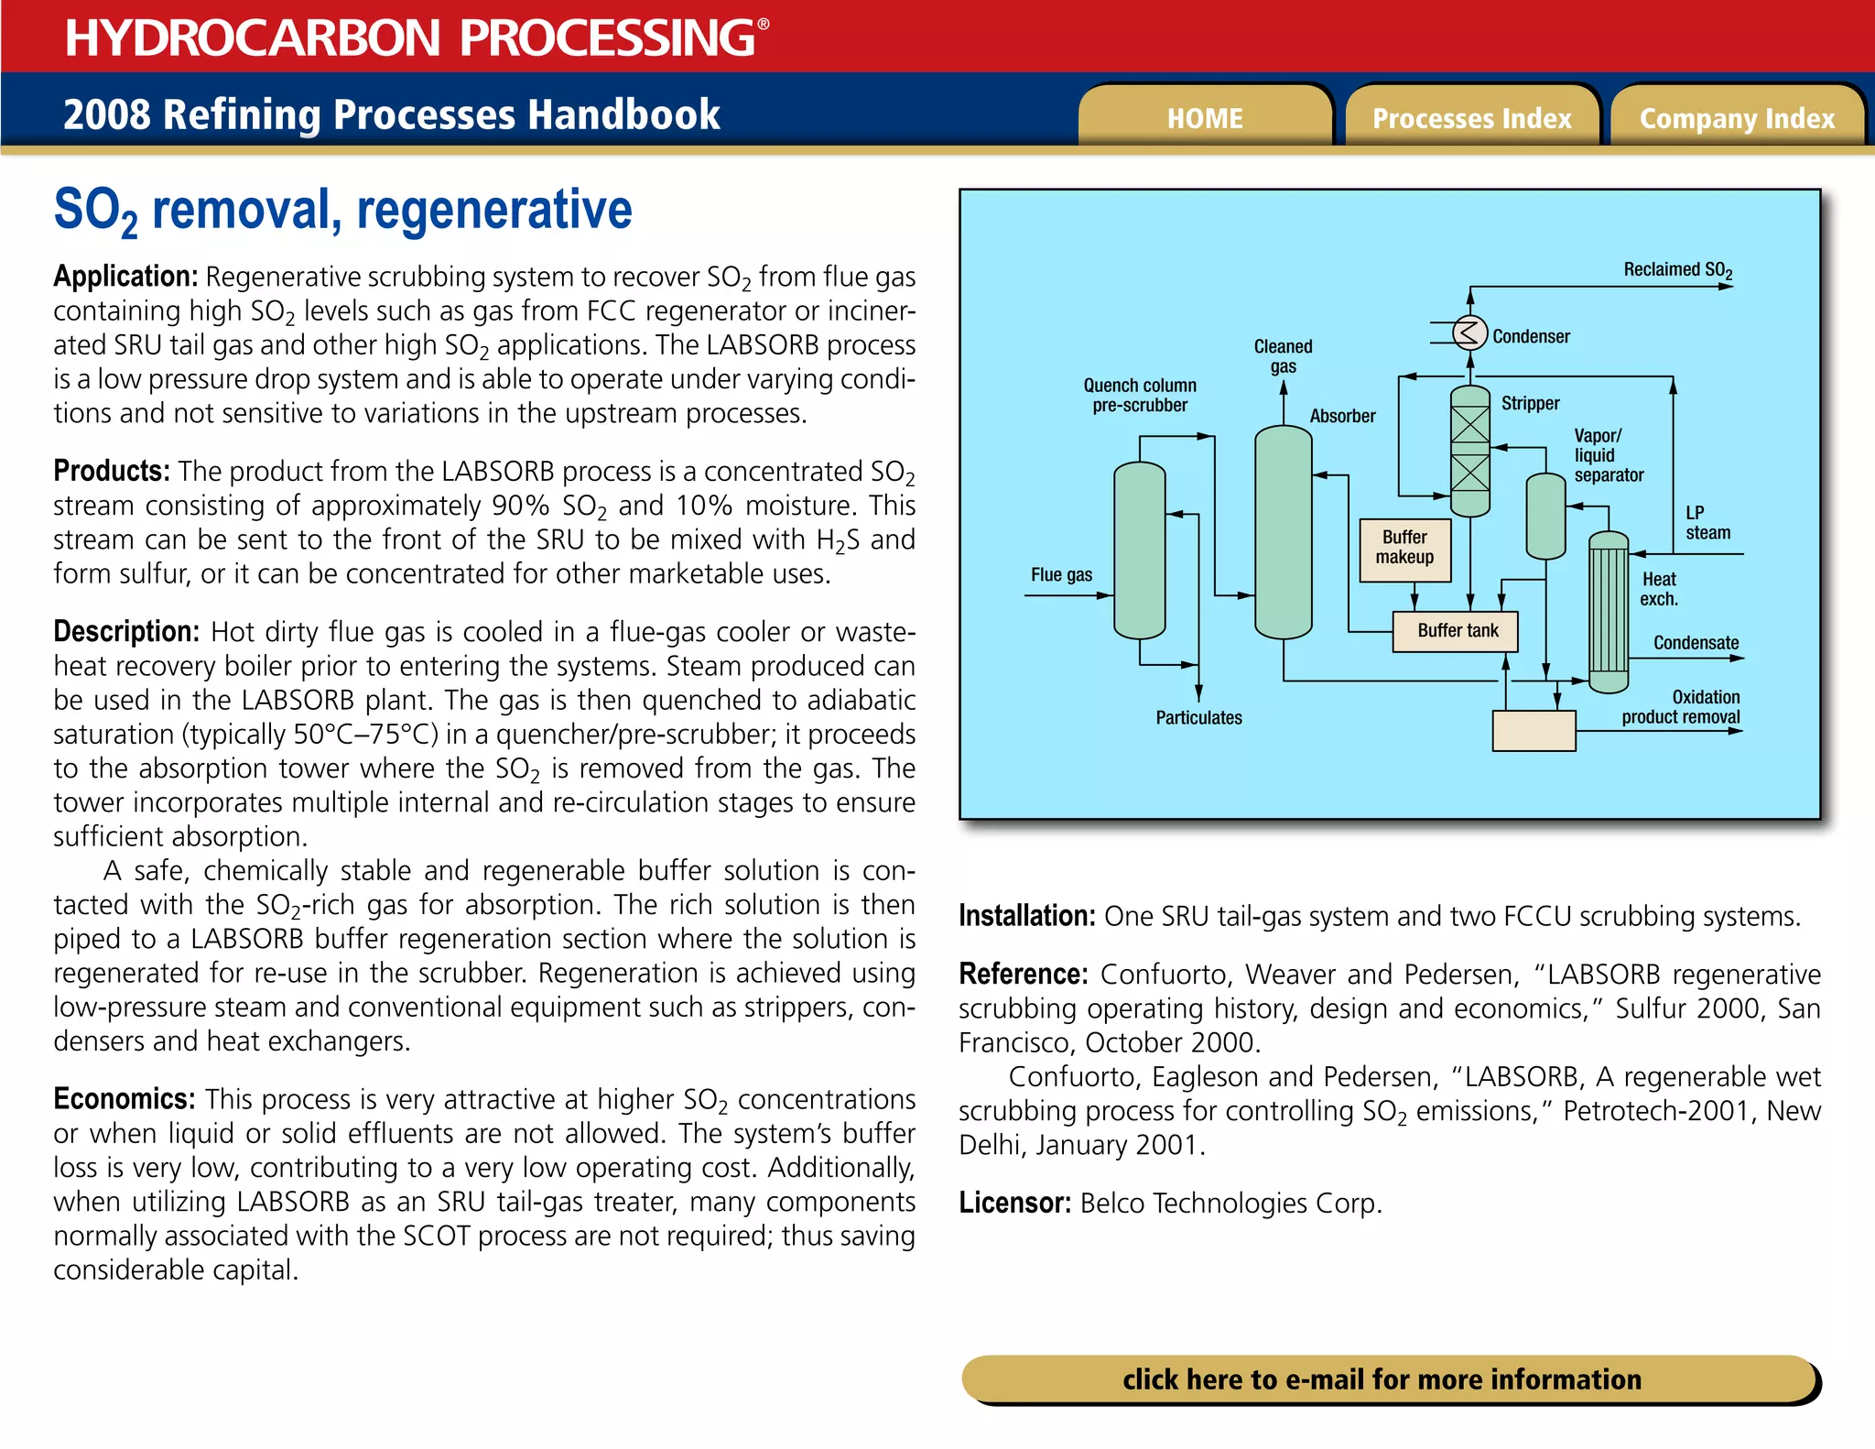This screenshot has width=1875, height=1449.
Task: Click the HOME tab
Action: click(1205, 118)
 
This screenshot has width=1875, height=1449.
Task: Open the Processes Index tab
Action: click(1471, 118)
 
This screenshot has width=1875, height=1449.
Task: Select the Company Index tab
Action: click(1737, 118)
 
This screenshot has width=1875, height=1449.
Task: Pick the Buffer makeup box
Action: click(1405, 549)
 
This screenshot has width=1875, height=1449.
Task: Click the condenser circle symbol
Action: click(1469, 332)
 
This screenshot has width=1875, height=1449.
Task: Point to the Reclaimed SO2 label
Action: click(1677, 270)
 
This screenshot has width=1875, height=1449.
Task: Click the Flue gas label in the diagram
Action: click(1061, 575)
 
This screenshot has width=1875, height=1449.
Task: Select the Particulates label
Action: click(1198, 718)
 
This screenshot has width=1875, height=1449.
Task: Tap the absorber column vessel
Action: click(1283, 531)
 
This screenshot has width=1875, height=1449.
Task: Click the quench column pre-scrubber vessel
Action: click(1139, 550)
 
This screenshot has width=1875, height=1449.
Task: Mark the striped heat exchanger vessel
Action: click(1609, 612)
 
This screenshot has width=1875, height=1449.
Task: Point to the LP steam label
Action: click(1707, 523)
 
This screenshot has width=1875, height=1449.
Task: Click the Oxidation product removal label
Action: click(1681, 707)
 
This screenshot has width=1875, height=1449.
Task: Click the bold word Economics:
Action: click(125, 1098)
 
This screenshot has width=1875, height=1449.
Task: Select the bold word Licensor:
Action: click(1014, 1203)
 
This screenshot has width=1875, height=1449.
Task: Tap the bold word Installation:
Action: click(1026, 916)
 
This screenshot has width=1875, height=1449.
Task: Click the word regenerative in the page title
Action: click(493, 210)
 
